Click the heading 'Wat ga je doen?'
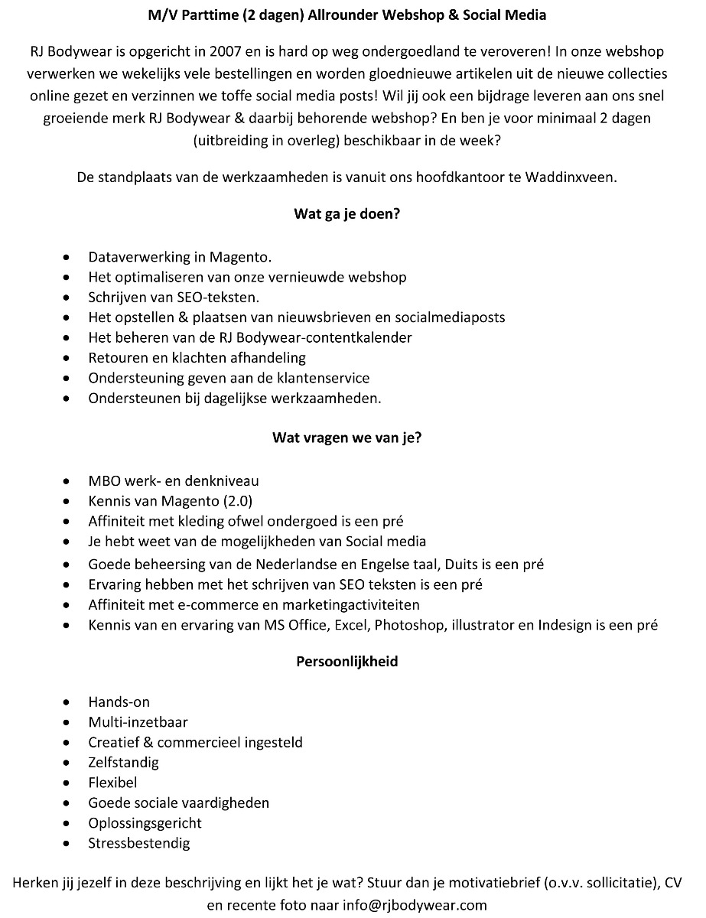346,214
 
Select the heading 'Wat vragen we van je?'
346,438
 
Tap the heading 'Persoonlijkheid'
346,662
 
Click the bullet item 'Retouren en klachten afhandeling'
197,357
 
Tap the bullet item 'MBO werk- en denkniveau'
174,481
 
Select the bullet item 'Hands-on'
119,702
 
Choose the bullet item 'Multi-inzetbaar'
138,722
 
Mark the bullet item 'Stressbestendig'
139,844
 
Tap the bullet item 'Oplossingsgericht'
145,823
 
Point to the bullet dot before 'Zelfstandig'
70,763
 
